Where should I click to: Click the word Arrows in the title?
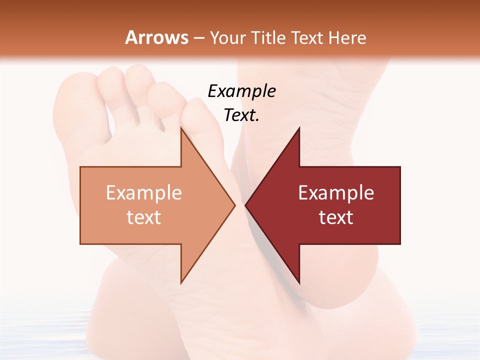click(x=156, y=37)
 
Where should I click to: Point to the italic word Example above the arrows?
click(x=241, y=91)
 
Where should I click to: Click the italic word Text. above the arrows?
click(x=241, y=115)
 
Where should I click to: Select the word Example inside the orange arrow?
click(x=144, y=193)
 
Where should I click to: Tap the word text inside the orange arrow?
click(x=144, y=217)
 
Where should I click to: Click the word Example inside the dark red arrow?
click(x=336, y=193)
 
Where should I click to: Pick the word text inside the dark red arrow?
click(x=336, y=217)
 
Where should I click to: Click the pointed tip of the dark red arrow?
click(x=246, y=205)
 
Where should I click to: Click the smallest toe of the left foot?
click(x=70, y=100)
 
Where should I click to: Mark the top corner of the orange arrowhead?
click(x=181, y=128)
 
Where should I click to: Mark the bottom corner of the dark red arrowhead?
click(x=299, y=283)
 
